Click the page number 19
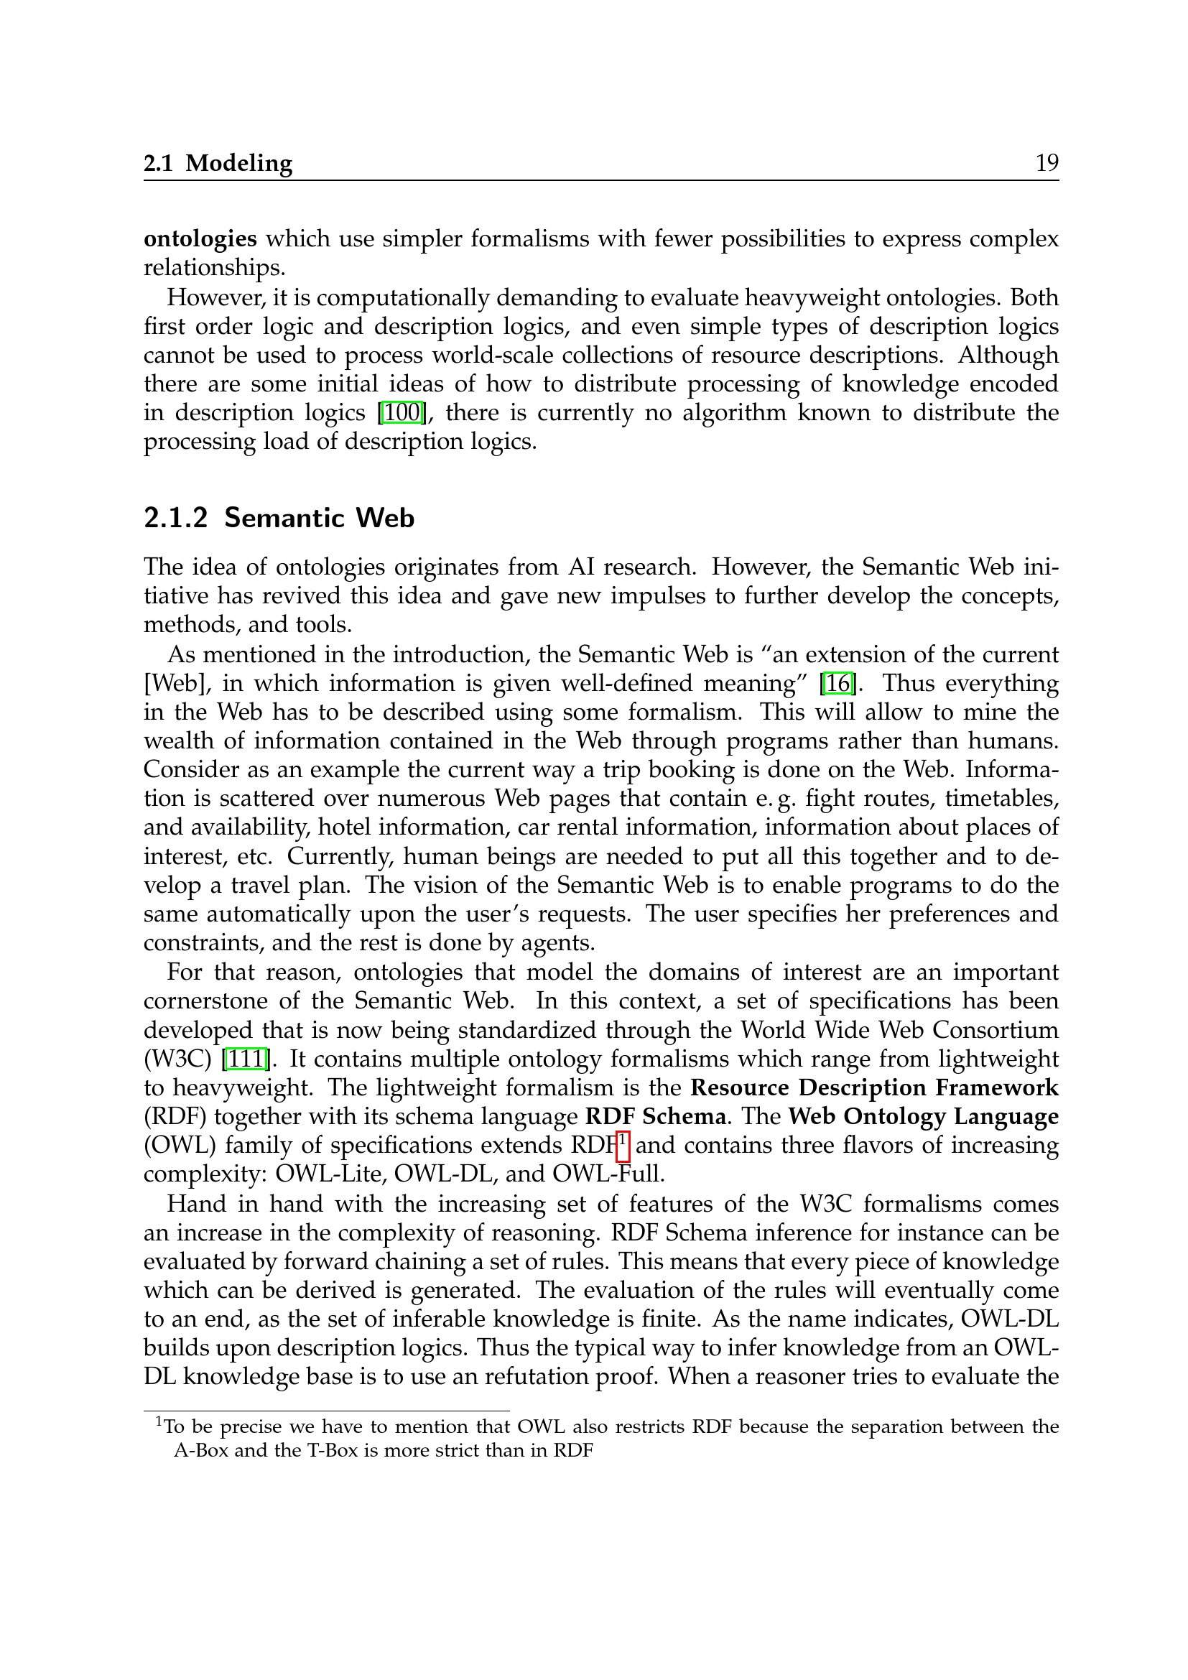(x=1046, y=162)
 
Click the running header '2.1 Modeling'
(x=218, y=162)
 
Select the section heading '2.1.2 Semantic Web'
(x=279, y=518)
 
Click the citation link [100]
(x=402, y=413)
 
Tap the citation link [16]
(x=838, y=683)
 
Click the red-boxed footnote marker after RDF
(x=623, y=1143)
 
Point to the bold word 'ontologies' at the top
(x=200, y=238)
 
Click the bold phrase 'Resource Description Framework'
(x=874, y=1087)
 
